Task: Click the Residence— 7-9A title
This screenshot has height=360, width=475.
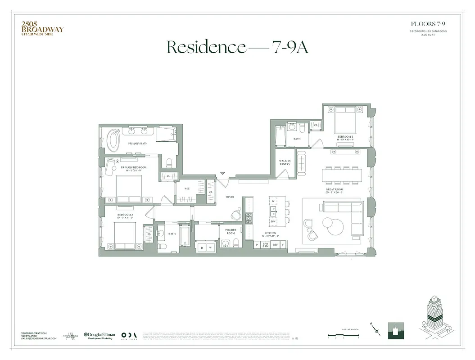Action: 237,47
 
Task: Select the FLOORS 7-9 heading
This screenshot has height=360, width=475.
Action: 428,24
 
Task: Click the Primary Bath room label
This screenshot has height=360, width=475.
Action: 137,144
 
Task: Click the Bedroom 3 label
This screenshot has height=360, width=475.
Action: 346,138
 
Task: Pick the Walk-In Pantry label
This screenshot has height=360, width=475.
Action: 284,162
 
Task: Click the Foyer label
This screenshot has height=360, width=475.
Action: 230,197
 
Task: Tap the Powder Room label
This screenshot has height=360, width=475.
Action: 231,231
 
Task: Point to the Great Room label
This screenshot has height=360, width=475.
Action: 335,191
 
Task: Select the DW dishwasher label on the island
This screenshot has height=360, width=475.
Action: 273,222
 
